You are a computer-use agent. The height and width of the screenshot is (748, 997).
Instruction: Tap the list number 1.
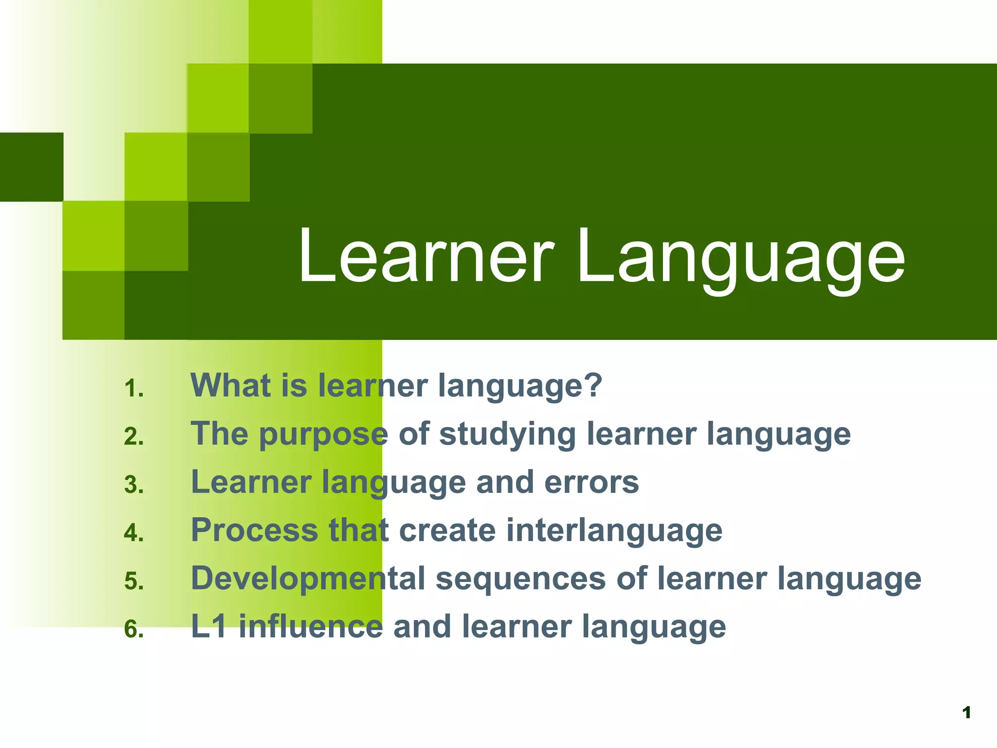(133, 389)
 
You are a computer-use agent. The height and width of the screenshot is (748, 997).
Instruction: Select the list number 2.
(133, 436)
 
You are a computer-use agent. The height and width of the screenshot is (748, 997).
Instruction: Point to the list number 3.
(133, 485)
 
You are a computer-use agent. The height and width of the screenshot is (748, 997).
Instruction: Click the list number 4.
(133, 533)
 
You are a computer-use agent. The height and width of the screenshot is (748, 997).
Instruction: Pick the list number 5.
(133, 581)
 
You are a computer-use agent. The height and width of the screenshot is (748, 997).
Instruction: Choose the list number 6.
(133, 629)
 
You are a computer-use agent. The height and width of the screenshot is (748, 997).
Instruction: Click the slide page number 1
(967, 713)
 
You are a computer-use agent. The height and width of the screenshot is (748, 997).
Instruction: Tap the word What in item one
(230, 385)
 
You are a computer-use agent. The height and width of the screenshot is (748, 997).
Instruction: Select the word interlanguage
(614, 531)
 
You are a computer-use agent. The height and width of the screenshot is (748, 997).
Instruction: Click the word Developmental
(308, 580)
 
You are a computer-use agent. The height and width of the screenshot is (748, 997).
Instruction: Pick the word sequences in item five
(520, 580)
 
